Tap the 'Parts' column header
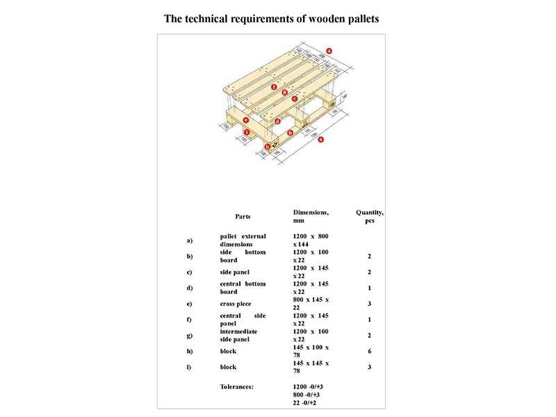pyautogui.click(x=243, y=216)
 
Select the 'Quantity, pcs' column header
pyautogui.click(x=370, y=216)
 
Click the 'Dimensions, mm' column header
pyautogui.click(x=310, y=216)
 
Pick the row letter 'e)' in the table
pyautogui.click(x=189, y=304)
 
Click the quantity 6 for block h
pyautogui.click(x=370, y=351)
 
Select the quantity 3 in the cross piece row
pyautogui.click(x=370, y=304)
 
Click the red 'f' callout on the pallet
pyautogui.click(x=275, y=88)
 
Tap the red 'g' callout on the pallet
pyautogui.click(x=285, y=92)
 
